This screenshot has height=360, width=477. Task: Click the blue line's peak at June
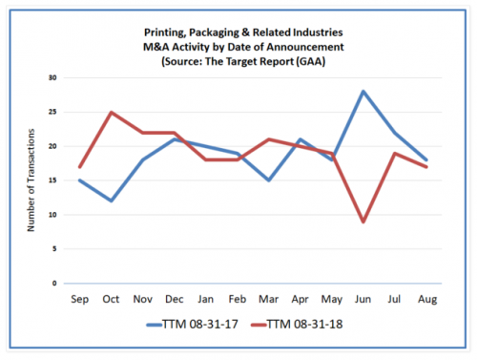coord(364,92)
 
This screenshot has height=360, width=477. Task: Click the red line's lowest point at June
coord(364,222)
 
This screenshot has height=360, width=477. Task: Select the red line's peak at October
coord(113,112)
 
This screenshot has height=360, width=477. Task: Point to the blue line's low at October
coord(113,201)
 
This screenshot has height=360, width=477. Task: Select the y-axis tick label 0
coord(55,284)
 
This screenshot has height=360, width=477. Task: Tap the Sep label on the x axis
coord(81,298)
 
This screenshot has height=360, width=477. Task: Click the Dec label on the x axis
coord(176,298)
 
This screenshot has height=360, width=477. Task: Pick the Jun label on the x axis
coord(364,298)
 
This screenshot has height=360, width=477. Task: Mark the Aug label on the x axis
coord(427,298)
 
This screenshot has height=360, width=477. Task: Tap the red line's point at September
coord(81,167)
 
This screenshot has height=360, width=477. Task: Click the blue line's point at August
coord(427,160)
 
